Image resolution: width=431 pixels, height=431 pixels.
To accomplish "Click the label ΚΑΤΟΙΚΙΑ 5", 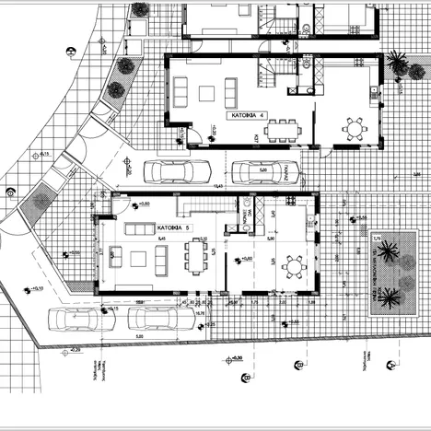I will tap(174, 225).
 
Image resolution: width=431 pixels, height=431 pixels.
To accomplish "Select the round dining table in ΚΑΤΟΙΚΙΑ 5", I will tap(295, 267).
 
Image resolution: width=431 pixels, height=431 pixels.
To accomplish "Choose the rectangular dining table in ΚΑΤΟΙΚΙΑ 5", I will tap(195, 256).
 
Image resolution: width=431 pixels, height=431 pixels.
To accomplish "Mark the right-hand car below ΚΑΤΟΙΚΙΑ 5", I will tap(160, 320).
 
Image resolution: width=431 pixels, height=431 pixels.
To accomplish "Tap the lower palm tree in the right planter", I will tap(390, 297).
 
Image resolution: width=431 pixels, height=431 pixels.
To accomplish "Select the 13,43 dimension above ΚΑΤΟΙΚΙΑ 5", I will tap(218, 187).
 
